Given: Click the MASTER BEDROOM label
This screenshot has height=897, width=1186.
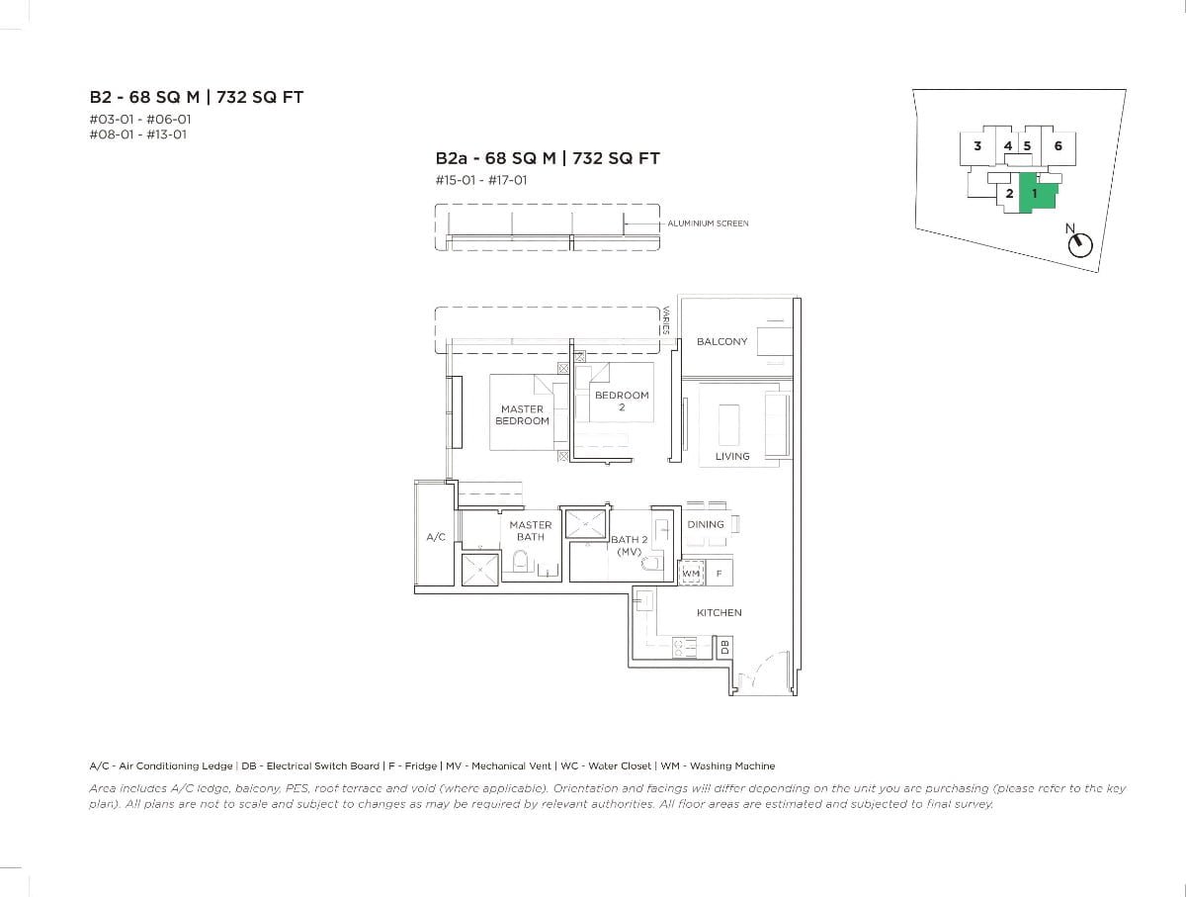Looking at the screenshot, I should (x=522, y=414).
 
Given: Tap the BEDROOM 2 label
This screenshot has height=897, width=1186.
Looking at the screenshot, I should (x=622, y=401).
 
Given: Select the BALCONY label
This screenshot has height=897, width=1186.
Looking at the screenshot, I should (x=721, y=341).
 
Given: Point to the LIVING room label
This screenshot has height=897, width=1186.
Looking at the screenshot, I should (x=732, y=456).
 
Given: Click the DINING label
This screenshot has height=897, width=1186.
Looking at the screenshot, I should (x=706, y=524).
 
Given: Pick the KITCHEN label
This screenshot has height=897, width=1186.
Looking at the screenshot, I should (x=719, y=612).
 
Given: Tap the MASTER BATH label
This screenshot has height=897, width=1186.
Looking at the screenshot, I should (x=531, y=531).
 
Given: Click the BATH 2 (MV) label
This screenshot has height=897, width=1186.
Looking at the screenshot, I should (x=630, y=545).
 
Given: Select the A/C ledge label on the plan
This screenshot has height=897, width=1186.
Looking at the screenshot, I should (x=436, y=537).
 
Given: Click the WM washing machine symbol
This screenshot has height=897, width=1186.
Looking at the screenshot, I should (x=691, y=573).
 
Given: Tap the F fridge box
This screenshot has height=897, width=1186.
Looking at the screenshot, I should (x=719, y=573).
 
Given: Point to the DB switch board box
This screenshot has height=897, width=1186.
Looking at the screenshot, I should (x=724, y=647).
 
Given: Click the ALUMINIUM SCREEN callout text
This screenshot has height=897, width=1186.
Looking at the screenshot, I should (x=708, y=224).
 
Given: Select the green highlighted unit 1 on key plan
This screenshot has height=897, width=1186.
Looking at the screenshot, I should (x=1035, y=194).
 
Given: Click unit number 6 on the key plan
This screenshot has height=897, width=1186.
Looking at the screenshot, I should (x=1058, y=146).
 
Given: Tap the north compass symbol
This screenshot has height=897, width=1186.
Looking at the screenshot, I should (x=1080, y=244).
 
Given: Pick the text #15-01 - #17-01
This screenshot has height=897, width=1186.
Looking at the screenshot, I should (x=481, y=180).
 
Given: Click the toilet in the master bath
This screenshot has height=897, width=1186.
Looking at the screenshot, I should (x=520, y=564).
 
